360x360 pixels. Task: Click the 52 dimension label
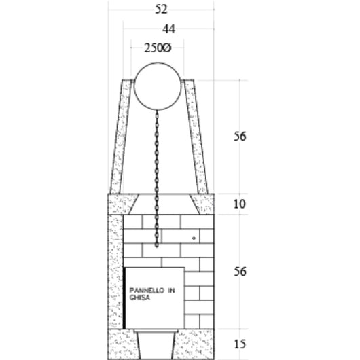161,10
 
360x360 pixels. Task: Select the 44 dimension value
169,29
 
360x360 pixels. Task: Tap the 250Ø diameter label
158,48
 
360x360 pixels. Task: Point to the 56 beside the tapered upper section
240,137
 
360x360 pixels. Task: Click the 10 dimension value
240,204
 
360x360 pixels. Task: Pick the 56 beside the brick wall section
240,272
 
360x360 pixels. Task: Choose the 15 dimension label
240,344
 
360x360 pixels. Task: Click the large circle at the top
158,86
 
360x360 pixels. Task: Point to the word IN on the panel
173,291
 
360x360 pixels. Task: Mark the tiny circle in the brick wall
194,238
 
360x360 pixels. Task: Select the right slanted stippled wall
196,136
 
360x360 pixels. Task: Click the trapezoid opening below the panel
156,343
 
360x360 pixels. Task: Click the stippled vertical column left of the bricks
115,272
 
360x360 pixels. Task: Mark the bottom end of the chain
158,245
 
